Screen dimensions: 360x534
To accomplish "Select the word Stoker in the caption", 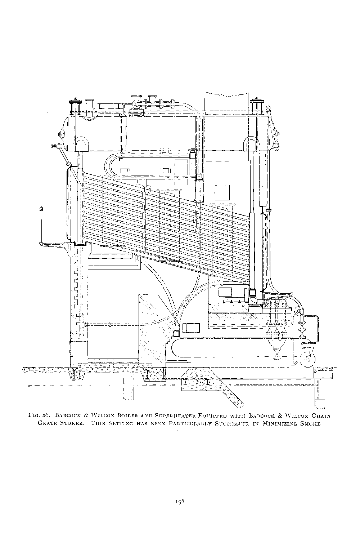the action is point(69,424).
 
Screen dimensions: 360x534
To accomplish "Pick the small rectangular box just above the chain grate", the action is point(191,328).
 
